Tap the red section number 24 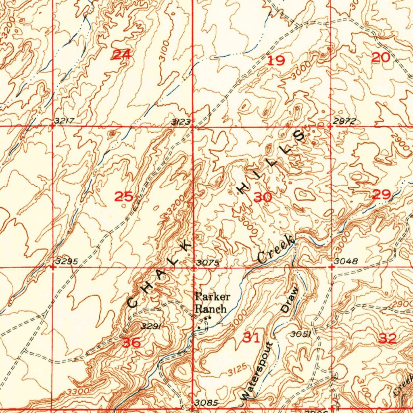coord(121,55)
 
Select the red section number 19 coord(276,61)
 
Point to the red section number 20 coord(380,58)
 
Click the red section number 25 coord(124,197)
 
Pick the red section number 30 coord(263,197)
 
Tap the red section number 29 coord(381,195)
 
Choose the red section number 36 coord(131,343)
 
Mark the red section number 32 coord(388,339)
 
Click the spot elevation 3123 coord(180,121)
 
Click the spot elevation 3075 coord(208,263)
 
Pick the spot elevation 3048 coord(346,261)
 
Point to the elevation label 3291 coord(151,326)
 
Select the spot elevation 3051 coord(300,334)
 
